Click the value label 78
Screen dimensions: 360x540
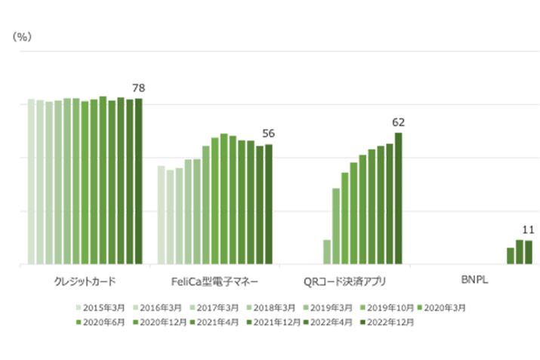[x=138, y=88]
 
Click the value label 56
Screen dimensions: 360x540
[x=268, y=134]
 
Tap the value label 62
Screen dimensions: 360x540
[x=398, y=122]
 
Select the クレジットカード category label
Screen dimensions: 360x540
[x=85, y=282]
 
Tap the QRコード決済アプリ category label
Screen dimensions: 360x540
[x=344, y=282]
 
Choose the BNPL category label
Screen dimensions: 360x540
[x=474, y=282]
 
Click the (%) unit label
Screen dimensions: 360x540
[x=22, y=37]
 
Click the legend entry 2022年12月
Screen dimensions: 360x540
[x=388, y=322]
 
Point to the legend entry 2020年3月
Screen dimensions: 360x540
[x=446, y=308]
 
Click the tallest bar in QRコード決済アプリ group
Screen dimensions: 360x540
[x=398, y=198]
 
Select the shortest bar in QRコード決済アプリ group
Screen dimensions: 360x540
[x=327, y=252]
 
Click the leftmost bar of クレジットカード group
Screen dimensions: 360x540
[x=32, y=182]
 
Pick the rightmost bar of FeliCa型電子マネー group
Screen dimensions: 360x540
[x=268, y=205]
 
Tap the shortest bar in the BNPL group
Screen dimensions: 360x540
[x=511, y=256]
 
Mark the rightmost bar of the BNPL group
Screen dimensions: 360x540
[x=528, y=253]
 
